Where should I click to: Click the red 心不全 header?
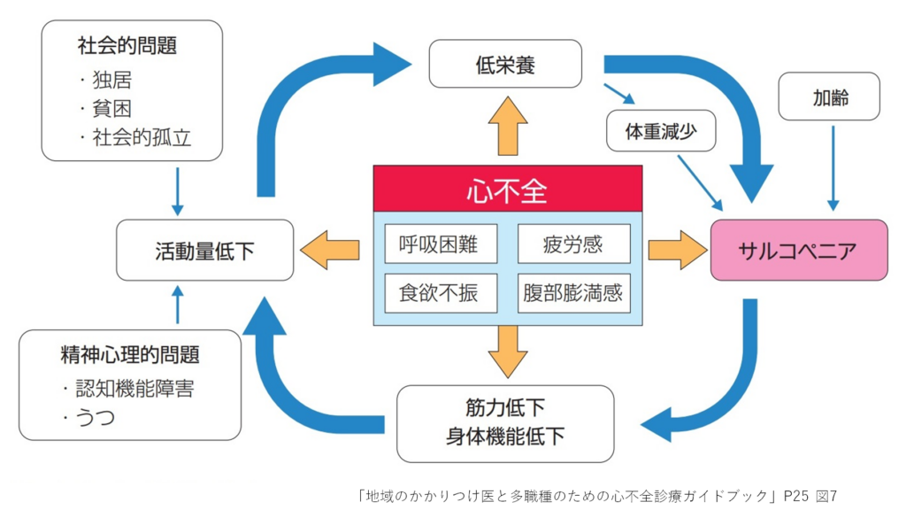507,189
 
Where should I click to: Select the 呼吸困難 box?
441,243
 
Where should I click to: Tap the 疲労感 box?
573,243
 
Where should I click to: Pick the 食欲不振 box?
441,292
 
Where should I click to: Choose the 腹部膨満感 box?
573,292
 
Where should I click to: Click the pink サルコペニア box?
798,250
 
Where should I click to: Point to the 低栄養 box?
505,64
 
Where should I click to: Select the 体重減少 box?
661,132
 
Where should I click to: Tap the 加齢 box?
829,97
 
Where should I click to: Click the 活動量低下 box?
204,251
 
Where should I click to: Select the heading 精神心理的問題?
130,355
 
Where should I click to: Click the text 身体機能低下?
505,437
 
